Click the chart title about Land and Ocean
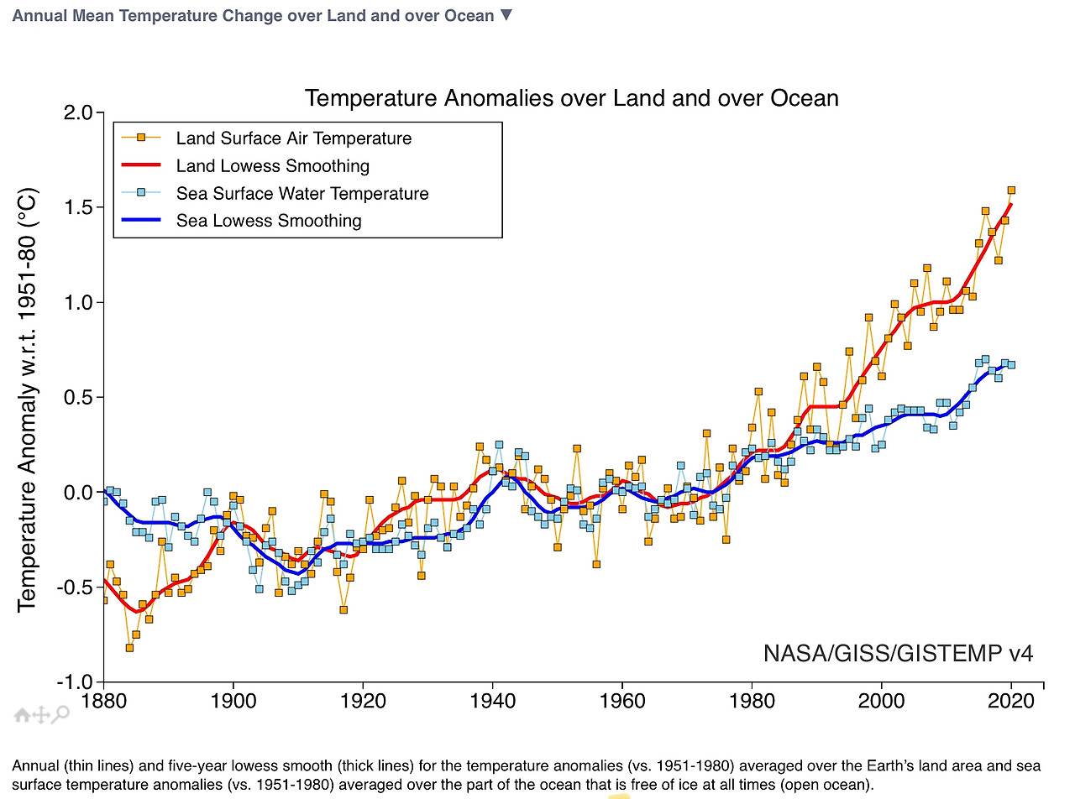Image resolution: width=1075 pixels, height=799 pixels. (x=571, y=98)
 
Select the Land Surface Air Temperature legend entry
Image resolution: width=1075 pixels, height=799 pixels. (x=293, y=138)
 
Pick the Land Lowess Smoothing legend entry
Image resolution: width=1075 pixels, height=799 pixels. (x=272, y=166)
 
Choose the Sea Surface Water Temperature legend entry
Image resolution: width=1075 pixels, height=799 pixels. (x=302, y=194)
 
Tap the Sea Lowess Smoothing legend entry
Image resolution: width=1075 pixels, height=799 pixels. (x=268, y=222)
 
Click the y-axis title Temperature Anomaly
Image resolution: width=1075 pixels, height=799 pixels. (x=29, y=399)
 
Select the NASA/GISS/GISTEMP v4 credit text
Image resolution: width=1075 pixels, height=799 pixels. (x=898, y=653)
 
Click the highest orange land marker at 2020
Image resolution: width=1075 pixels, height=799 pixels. (x=1011, y=191)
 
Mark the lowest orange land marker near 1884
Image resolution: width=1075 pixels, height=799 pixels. (x=129, y=647)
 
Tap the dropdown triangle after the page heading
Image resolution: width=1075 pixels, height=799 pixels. (x=505, y=15)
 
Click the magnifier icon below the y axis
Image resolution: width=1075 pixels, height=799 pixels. (x=60, y=715)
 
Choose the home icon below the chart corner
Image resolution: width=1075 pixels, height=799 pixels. (x=23, y=715)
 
